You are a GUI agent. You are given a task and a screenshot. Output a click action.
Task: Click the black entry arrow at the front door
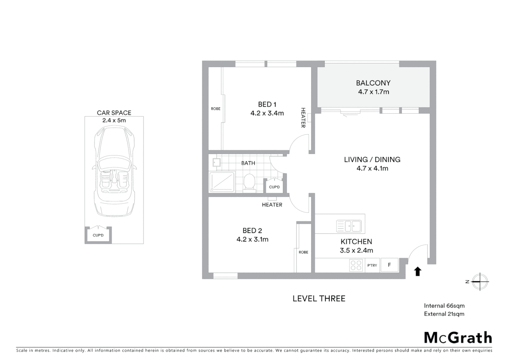tap(417, 271)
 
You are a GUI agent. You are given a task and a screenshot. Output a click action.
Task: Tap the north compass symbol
tap(480, 282)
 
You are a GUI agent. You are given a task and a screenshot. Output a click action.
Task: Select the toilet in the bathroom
tap(249, 182)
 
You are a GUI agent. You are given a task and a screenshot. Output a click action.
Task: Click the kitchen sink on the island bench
tap(348, 226)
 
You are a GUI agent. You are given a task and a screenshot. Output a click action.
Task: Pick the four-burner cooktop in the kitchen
tap(356, 265)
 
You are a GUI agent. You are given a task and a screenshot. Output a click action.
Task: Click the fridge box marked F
tap(389, 265)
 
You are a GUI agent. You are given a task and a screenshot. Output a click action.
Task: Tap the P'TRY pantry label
tap(372, 266)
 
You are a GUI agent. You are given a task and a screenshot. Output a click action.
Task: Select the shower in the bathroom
tap(222, 182)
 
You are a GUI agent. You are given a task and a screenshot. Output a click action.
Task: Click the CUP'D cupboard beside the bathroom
tap(274, 187)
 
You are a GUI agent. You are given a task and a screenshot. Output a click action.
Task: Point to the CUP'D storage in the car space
tap(98, 235)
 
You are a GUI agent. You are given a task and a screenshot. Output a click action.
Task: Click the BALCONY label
tap(373, 83)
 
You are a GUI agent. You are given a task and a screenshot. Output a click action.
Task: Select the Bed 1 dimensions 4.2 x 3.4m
tap(267, 113)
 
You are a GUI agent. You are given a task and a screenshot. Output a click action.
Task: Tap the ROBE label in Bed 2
tap(303, 252)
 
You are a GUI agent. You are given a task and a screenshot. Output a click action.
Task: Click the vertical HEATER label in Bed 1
tap(303, 118)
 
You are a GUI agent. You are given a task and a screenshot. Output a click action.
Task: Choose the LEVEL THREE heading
tap(319, 299)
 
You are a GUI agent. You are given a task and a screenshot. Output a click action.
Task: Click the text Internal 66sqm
tap(444, 306)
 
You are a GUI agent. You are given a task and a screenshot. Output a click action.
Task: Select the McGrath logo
tap(458, 338)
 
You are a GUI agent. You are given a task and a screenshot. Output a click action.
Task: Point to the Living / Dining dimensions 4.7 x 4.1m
tap(372, 169)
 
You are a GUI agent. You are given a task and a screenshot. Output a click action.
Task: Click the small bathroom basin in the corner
tap(216, 162)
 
